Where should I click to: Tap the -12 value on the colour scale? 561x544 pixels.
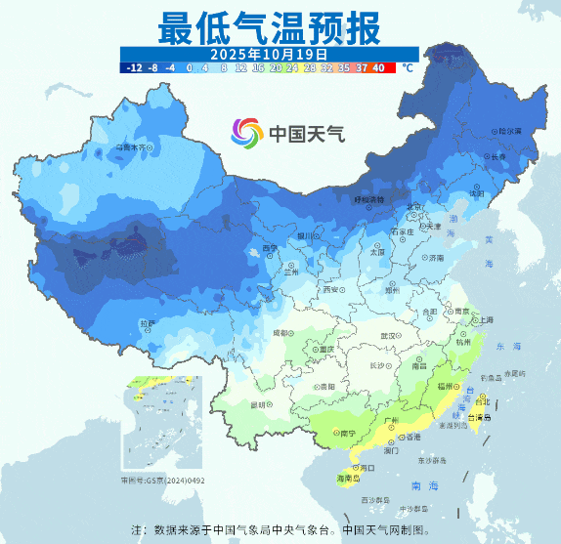pyautogui.click(x=134, y=67)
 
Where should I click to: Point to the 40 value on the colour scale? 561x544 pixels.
pyautogui.click(x=379, y=67)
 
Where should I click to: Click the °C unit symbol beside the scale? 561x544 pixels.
pyautogui.click(x=407, y=68)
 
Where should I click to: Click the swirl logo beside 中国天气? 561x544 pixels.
pyautogui.click(x=247, y=131)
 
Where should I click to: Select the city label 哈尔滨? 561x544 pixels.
pyautogui.click(x=509, y=130)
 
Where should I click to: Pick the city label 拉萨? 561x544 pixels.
pyautogui.click(x=146, y=322)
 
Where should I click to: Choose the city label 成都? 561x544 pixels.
pyautogui.click(x=281, y=333)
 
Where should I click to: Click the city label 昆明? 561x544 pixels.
pyautogui.click(x=259, y=403)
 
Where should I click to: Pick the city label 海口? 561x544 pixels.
pyautogui.click(x=367, y=468)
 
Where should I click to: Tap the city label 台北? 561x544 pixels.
pyautogui.click(x=480, y=400)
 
